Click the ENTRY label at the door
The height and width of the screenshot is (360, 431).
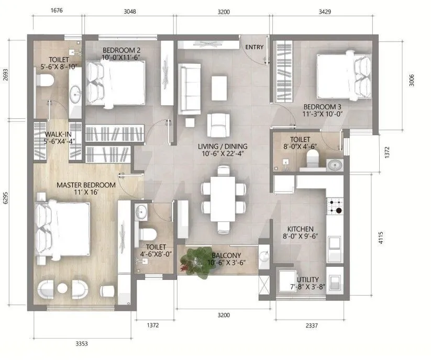(x=255, y=48)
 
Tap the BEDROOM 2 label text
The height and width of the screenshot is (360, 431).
(x=121, y=50)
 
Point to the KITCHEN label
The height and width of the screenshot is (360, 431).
(x=300, y=229)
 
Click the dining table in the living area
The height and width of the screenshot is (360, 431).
(x=224, y=198)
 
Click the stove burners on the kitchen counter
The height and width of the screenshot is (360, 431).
(x=335, y=206)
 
